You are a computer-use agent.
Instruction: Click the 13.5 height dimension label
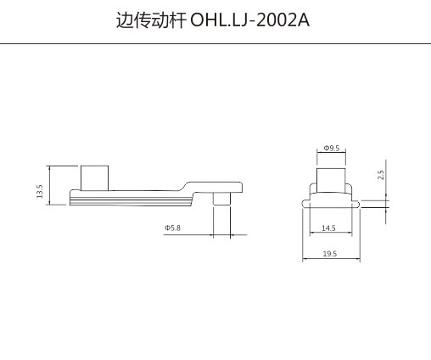pyautogui.click(x=40, y=191)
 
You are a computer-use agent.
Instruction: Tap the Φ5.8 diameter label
pyautogui.click(x=172, y=228)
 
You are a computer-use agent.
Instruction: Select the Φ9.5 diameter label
pyautogui.click(x=332, y=148)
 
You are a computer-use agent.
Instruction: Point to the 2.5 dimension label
pyautogui.click(x=381, y=175)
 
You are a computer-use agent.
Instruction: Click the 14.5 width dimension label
pyautogui.click(x=328, y=228)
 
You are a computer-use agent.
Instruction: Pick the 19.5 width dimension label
pyautogui.click(x=330, y=254)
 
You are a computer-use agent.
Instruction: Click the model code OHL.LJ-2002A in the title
pyautogui.click(x=250, y=20)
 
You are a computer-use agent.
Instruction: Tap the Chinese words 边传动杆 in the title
pyautogui.click(x=151, y=20)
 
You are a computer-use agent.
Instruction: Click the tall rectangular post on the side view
pyautogui.click(x=94, y=178)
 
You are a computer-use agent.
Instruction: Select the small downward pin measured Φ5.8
pyautogui.click(x=221, y=199)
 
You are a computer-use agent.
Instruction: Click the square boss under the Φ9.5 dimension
pyautogui.click(x=331, y=181)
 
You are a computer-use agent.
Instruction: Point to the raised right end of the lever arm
pyautogui.click(x=215, y=187)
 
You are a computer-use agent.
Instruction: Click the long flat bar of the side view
pyautogui.click(x=131, y=198)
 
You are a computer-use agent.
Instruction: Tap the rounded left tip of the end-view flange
pyautogui.click(x=304, y=204)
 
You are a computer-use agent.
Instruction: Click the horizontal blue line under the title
pyautogui.click(x=215, y=44)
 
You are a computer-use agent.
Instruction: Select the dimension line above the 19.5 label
pyautogui.click(x=331, y=259)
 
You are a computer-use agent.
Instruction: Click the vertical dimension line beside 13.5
pyautogui.click(x=50, y=185)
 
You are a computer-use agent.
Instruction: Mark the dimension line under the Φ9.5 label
pyautogui.click(x=331, y=152)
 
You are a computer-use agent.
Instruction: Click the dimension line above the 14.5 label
pyautogui.click(x=331, y=233)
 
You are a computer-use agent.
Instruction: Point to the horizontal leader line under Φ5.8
pyautogui.click(x=205, y=235)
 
